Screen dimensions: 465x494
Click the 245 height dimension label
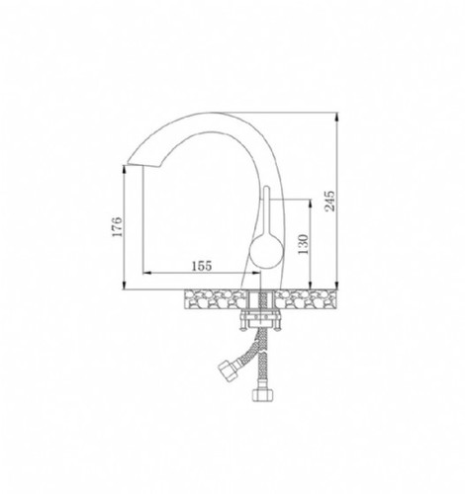(330, 201)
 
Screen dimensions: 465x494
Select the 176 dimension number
(117, 226)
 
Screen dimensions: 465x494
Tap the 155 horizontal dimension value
(202, 266)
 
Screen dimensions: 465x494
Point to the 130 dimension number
(304, 244)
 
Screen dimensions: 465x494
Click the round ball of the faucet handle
(266, 250)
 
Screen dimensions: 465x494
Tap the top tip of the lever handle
(266, 187)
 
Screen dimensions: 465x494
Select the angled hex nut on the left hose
(227, 368)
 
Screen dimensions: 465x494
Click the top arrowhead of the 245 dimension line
(336, 117)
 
